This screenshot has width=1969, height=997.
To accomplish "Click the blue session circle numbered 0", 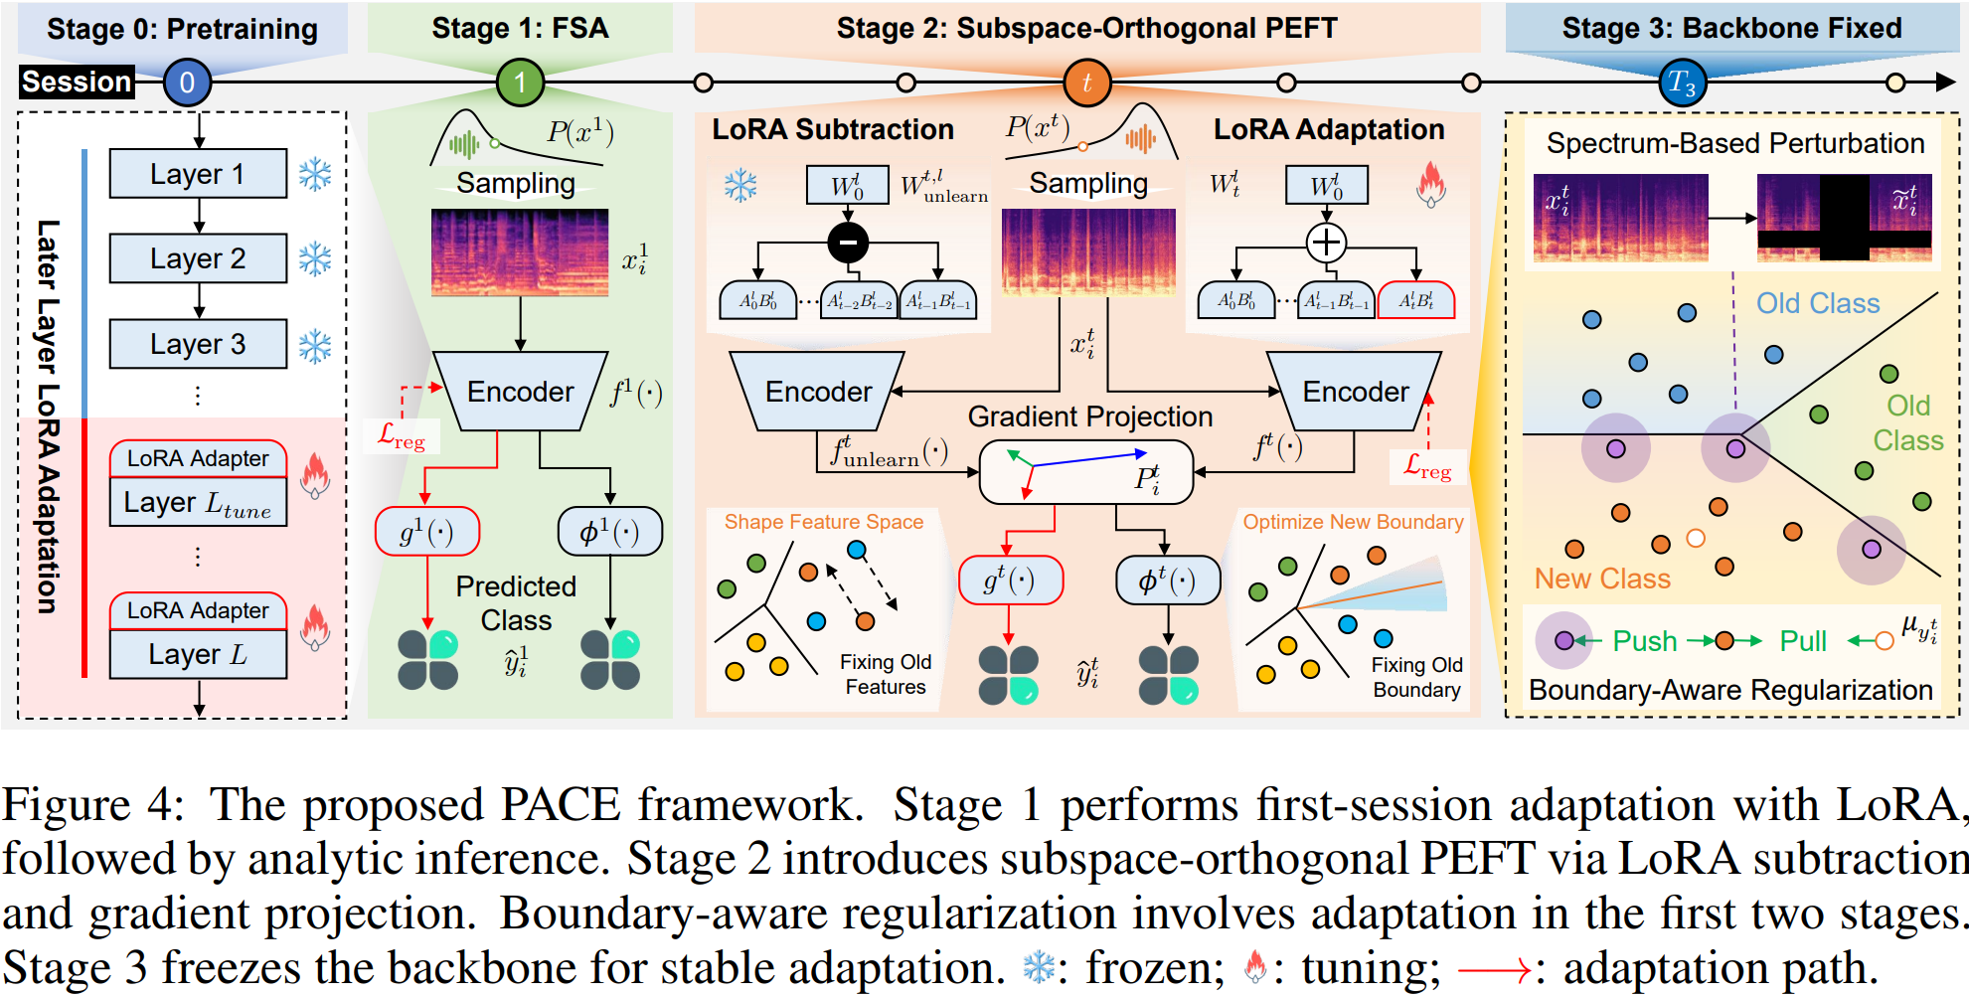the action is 187,82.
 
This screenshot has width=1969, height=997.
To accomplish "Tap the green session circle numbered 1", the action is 520,82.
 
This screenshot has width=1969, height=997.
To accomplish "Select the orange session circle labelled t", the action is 1086,83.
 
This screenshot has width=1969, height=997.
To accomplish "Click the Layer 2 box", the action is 199,258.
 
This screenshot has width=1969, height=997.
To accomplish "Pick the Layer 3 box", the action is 199,344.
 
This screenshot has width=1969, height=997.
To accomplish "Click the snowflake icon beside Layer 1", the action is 315,175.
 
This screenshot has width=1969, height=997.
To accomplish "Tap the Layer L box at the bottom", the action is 199,654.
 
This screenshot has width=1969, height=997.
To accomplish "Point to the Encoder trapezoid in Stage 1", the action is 521,391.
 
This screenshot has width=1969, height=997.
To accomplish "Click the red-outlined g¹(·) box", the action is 427,532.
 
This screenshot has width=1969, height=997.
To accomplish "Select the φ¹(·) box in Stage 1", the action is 610,532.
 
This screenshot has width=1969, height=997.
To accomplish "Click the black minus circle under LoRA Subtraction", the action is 848,242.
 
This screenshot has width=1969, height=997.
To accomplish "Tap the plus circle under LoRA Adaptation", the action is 1326,242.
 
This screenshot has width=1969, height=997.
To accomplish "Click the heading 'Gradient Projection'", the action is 1090,416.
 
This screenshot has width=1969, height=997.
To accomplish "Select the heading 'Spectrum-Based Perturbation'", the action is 1735,143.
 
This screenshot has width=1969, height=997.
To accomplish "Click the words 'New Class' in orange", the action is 1602,579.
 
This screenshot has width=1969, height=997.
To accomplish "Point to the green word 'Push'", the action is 1645,641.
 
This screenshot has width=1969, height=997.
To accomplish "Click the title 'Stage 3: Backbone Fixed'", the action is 1732,28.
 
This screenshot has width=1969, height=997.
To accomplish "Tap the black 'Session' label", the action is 78,82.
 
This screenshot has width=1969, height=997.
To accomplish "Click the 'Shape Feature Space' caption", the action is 824,522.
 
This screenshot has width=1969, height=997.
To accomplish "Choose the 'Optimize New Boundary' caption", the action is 1354,522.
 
